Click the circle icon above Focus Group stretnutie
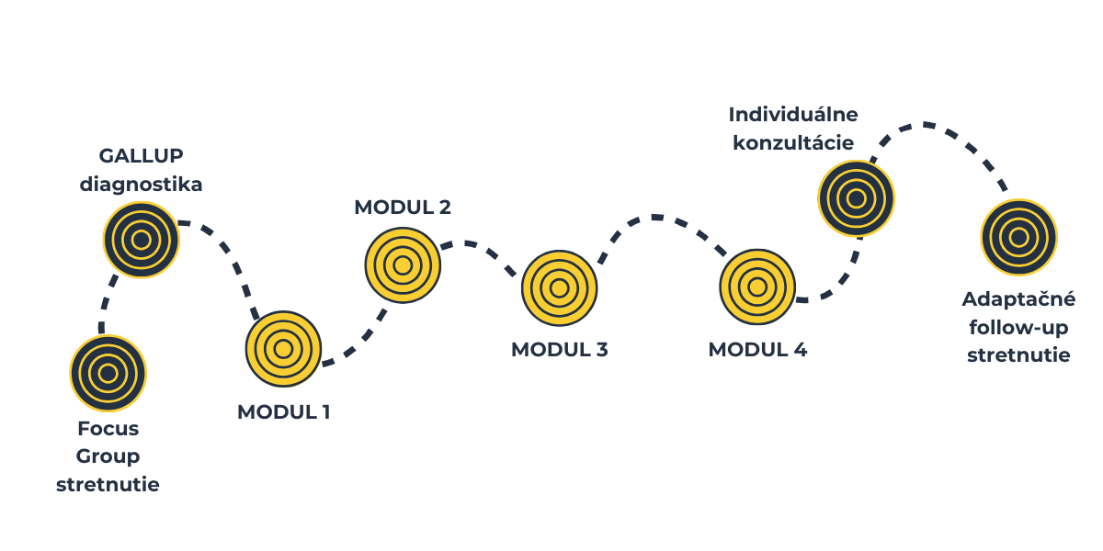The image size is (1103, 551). click(x=108, y=374)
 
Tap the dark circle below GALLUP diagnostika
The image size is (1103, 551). click(x=141, y=241)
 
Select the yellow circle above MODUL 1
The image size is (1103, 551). click(x=283, y=349)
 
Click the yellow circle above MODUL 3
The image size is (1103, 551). click(x=559, y=288)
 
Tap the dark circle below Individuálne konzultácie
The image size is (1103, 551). click(x=856, y=198)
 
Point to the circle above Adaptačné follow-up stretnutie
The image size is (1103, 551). click(x=1018, y=236)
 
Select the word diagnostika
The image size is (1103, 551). click(x=141, y=184)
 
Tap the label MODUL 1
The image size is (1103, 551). click(x=283, y=411)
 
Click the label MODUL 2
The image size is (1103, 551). click(x=403, y=207)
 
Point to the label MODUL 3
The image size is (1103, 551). click(x=559, y=350)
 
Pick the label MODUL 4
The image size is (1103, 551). click(x=757, y=350)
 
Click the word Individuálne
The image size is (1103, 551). click(x=793, y=114)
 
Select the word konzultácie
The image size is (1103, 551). click(x=793, y=143)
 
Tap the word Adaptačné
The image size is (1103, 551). click(x=1018, y=299)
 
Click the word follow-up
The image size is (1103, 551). click(x=1018, y=328)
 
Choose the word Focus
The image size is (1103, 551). click(x=108, y=428)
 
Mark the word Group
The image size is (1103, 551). click(x=108, y=456)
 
